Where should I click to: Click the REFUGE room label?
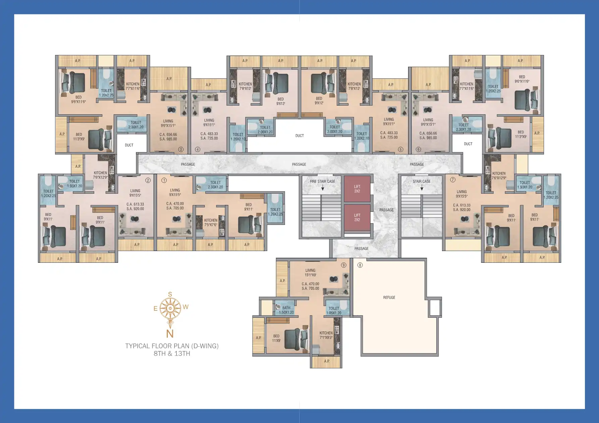pyautogui.click(x=389, y=298)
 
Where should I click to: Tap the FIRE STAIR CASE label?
pyautogui.click(x=322, y=181)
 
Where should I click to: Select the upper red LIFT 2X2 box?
pyautogui.click(x=357, y=189)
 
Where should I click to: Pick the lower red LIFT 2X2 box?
pyautogui.click(x=357, y=218)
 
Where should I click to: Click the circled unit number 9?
pyautogui.click(x=343, y=265)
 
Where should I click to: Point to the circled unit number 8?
pyautogui.click(x=360, y=265)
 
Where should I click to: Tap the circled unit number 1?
pyautogui.click(x=164, y=180)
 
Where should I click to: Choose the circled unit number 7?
pyautogui.click(x=453, y=180)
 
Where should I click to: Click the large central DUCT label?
pyautogui.click(x=300, y=136)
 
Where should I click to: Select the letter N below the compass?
pyautogui.click(x=170, y=334)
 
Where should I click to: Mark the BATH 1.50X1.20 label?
pyautogui.click(x=286, y=310)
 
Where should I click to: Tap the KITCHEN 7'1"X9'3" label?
pyautogui.click(x=326, y=335)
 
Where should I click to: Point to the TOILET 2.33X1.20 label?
pyautogui.click(x=215, y=185)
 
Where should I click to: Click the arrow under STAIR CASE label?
pyautogui.click(x=422, y=188)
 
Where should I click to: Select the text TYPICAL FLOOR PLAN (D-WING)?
pyautogui.click(x=172, y=346)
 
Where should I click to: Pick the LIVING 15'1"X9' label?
pyautogui.click(x=310, y=273)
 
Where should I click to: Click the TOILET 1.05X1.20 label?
pyautogui.click(x=334, y=311)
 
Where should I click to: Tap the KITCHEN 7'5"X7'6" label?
pyautogui.click(x=211, y=223)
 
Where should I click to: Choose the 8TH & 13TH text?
pyautogui.click(x=172, y=354)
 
